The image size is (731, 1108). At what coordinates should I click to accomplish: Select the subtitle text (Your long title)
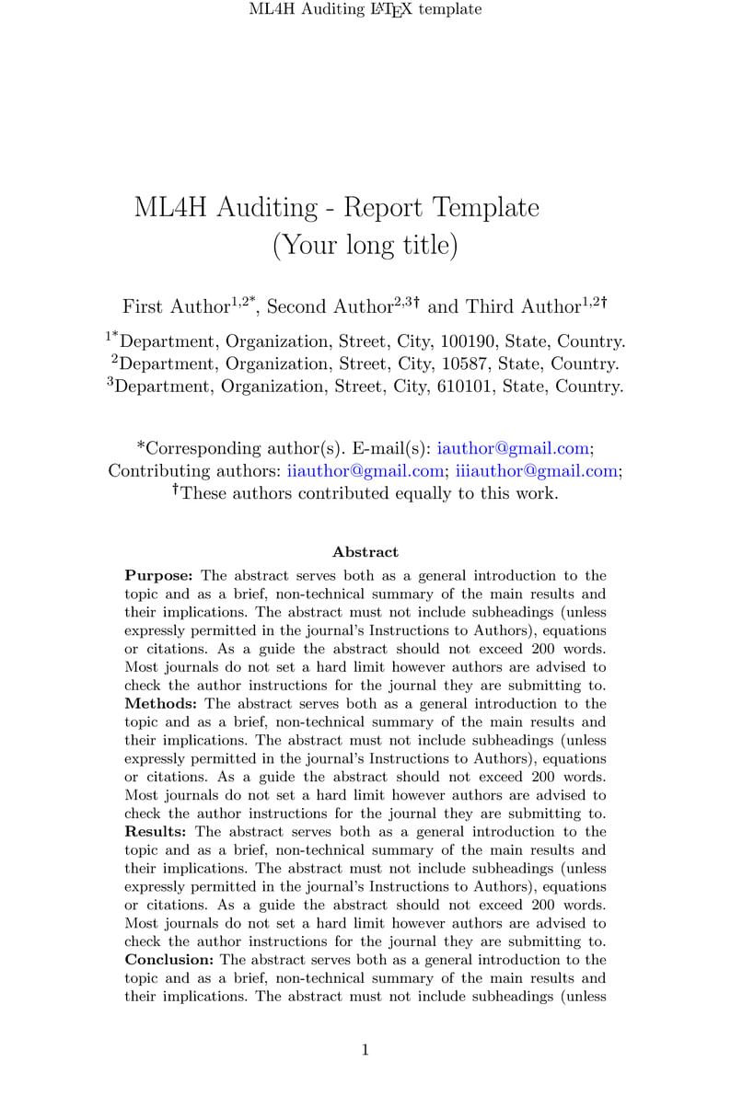[x=365, y=246]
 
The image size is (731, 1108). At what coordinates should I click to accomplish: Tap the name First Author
[x=176, y=306]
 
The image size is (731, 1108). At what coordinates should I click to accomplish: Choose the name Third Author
[x=523, y=306]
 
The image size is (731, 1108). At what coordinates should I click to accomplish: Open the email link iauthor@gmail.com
[x=513, y=449]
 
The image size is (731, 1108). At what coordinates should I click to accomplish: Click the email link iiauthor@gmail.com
[x=365, y=471]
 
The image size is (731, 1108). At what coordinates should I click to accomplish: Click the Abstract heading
[x=365, y=552]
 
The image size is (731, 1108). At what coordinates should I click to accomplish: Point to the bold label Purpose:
[x=158, y=576]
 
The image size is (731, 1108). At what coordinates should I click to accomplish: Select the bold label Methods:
[x=158, y=704]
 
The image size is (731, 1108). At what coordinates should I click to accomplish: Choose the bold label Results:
[x=155, y=832]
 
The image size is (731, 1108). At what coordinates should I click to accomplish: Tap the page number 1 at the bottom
[x=365, y=1051]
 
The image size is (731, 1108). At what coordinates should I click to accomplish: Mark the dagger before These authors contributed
[x=175, y=491]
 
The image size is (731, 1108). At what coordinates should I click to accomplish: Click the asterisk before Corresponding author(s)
[x=141, y=447]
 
